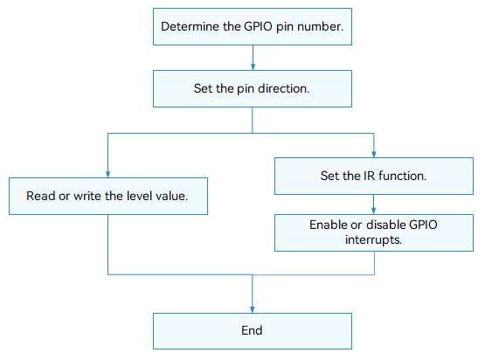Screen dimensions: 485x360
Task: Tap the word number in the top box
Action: click(x=321, y=26)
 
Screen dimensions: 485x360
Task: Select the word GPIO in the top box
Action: click(x=258, y=26)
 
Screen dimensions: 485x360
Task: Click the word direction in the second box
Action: click(x=284, y=88)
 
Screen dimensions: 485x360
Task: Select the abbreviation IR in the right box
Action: click(x=369, y=176)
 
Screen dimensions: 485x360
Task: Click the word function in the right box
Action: click(x=402, y=176)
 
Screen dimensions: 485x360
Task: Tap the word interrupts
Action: click(x=374, y=239)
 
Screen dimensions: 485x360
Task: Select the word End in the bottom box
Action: click(x=252, y=330)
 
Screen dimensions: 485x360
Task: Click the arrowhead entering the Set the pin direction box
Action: click(x=253, y=66)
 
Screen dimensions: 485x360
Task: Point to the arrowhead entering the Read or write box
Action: click(x=108, y=174)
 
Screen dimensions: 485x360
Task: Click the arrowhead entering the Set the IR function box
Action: click(x=374, y=154)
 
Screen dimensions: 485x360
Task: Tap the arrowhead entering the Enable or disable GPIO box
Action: click(x=374, y=211)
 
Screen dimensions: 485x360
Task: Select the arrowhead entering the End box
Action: click(x=253, y=309)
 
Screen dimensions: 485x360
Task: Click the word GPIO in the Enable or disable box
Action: click(x=423, y=225)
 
